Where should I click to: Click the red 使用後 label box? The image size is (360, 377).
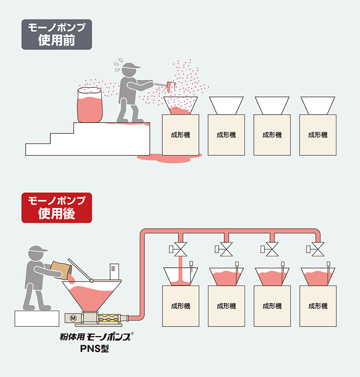coord(57,207)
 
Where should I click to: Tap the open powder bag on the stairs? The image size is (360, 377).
coord(90,105)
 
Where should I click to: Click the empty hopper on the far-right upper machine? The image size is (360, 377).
coord(318,105)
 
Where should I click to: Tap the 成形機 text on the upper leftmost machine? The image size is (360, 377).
coord(180,135)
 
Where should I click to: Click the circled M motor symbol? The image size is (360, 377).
coord(72,317)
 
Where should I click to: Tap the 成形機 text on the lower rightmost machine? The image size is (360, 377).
coord(318,306)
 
